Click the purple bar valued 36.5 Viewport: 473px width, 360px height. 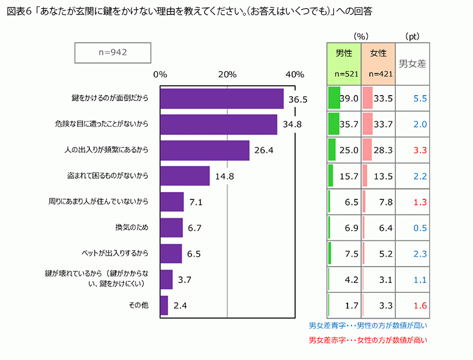[x=221, y=99]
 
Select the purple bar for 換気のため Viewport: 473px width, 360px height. [x=171, y=228]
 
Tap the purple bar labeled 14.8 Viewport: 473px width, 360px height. [x=185, y=176]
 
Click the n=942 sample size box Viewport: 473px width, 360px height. [x=110, y=52]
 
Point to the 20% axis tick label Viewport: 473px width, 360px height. [x=227, y=74]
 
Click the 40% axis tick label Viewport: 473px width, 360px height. [x=295, y=74]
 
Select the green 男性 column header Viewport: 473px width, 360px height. [x=344, y=64]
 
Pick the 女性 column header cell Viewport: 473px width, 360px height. [x=378, y=64]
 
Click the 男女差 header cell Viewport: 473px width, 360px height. [x=412, y=64]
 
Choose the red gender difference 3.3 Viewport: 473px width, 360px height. [x=420, y=150]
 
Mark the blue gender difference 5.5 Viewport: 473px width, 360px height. [x=420, y=99]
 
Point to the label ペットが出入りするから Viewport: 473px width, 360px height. [x=115, y=253]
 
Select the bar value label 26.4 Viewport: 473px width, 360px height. [x=263, y=151]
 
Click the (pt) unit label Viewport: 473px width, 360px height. [x=412, y=36]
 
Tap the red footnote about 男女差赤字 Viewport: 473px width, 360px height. [x=368, y=340]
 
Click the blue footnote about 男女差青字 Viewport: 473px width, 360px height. [x=368, y=325]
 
